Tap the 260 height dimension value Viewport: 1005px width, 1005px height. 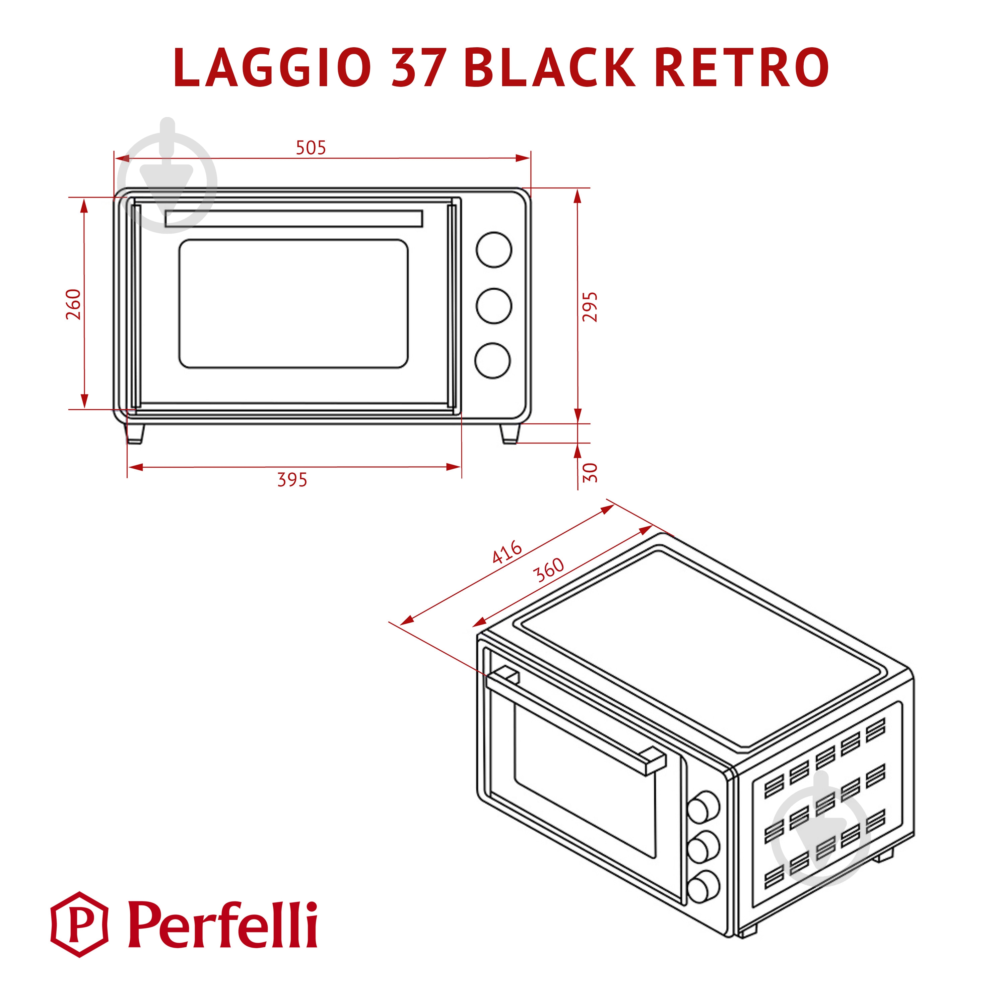[74, 304]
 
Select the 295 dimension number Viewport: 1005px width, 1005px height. [590, 307]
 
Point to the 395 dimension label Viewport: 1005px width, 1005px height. [292, 479]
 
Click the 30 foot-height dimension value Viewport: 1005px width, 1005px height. [590, 473]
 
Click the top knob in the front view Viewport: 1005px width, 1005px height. [494, 249]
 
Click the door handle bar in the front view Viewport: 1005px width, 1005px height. [293, 219]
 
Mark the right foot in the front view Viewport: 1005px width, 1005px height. [510, 433]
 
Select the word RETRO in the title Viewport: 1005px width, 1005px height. [742, 68]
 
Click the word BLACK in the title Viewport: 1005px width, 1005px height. [549, 68]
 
